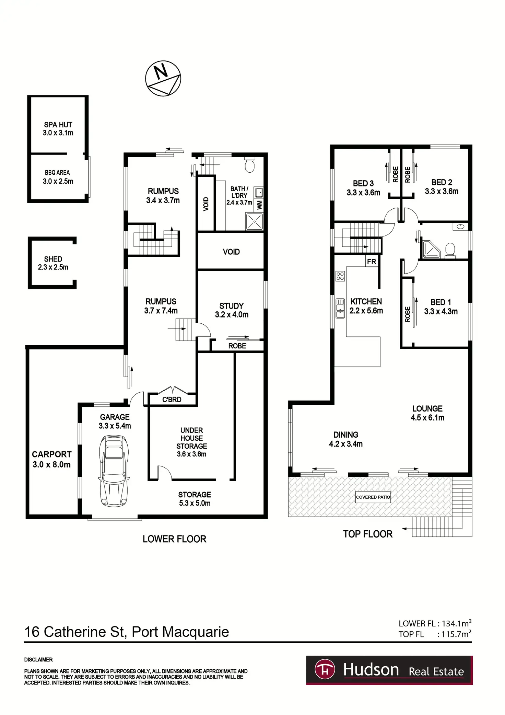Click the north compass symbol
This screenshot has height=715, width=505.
click(163, 79)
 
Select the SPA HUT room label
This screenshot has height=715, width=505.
click(58, 125)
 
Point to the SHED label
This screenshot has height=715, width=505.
click(53, 259)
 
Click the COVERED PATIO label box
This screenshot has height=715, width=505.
click(373, 497)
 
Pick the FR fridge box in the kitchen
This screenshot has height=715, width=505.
click(372, 262)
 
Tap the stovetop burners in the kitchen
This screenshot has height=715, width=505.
click(340, 276)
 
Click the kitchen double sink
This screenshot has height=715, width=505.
click(340, 308)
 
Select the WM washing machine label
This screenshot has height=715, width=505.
click(259, 205)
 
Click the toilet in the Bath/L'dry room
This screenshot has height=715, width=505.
click(250, 165)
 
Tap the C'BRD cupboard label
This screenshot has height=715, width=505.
click(172, 400)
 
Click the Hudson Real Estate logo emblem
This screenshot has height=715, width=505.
click(325, 670)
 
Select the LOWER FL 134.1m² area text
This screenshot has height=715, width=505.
click(435, 623)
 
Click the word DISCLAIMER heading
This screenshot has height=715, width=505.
click(38, 660)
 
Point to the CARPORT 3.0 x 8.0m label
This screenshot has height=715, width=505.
click(52, 459)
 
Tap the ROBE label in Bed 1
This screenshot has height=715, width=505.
click(408, 314)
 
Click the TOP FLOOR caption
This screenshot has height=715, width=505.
click(368, 534)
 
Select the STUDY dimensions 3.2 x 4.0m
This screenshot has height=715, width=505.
click(232, 314)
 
